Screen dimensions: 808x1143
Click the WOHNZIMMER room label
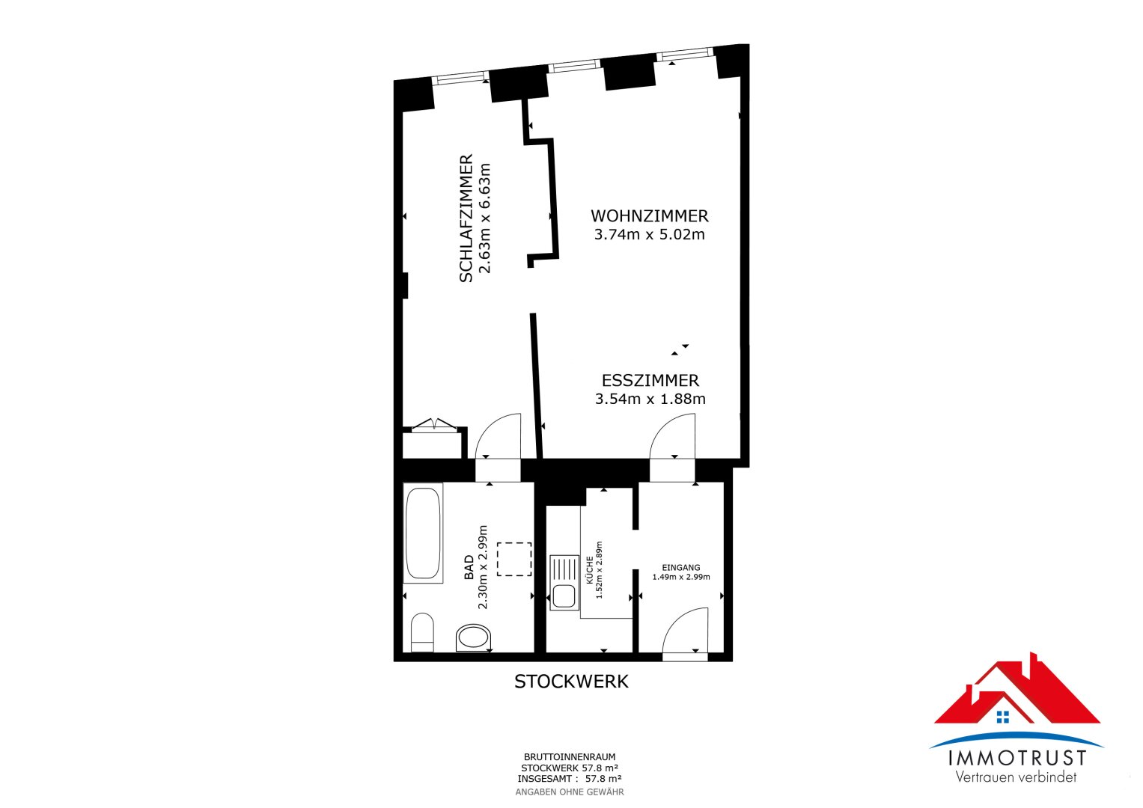(649, 216)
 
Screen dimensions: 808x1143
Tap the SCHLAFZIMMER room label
(466, 218)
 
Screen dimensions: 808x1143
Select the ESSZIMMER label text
(650, 381)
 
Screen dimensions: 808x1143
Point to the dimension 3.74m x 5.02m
(649, 235)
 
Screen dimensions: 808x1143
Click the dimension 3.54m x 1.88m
(650, 400)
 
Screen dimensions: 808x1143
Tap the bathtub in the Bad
(423, 533)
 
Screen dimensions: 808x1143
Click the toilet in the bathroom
(423, 632)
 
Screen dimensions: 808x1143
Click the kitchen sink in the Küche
(564, 582)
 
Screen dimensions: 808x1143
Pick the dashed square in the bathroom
(514, 559)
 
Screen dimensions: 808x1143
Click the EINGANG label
(681, 568)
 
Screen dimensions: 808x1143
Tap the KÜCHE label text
(590, 570)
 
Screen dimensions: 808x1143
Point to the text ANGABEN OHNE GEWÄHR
(569, 792)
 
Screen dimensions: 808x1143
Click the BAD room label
(469, 567)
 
